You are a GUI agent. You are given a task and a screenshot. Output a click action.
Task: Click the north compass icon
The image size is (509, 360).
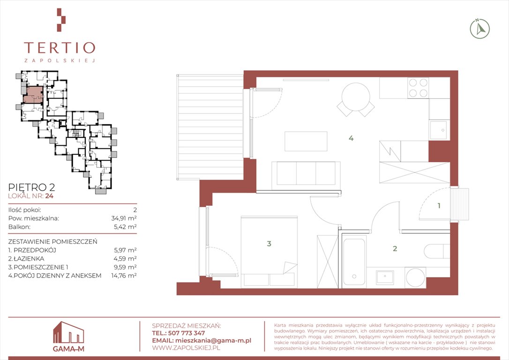pyautogui.click(x=480, y=29)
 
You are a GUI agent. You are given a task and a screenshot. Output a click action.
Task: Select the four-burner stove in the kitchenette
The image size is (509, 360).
pyautogui.click(x=418, y=88)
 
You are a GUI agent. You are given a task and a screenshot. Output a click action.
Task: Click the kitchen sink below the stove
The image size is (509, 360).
pyautogui.click(x=439, y=130)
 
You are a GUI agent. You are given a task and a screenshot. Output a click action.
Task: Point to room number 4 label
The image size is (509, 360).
pyautogui.click(x=351, y=138)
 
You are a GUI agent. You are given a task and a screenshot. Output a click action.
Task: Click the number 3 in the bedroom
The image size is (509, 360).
pyautogui.click(x=269, y=243)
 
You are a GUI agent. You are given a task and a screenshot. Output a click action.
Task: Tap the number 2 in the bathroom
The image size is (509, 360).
pyautogui.click(x=395, y=248)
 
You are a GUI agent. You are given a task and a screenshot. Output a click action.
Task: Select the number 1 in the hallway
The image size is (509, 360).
pyautogui.click(x=439, y=205)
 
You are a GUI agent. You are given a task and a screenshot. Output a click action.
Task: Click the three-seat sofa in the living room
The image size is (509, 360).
pyautogui.click(x=306, y=173)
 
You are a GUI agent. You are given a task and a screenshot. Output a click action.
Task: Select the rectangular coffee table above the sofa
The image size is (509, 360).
pyautogui.click(x=306, y=141)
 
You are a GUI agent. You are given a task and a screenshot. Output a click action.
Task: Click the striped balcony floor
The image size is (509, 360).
pyautogui.click(x=210, y=127)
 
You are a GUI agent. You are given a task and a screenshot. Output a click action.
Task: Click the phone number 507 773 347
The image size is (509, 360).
pyautogui.click(x=187, y=333)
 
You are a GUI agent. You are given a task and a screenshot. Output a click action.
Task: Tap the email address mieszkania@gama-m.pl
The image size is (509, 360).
pyautogui.click(x=213, y=340)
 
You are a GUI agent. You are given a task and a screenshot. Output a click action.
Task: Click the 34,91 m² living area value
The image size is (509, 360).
pyautogui.click(x=124, y=218)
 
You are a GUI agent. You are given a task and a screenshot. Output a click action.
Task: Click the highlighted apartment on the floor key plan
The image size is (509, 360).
pyautogui.click(x=33, y=95)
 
